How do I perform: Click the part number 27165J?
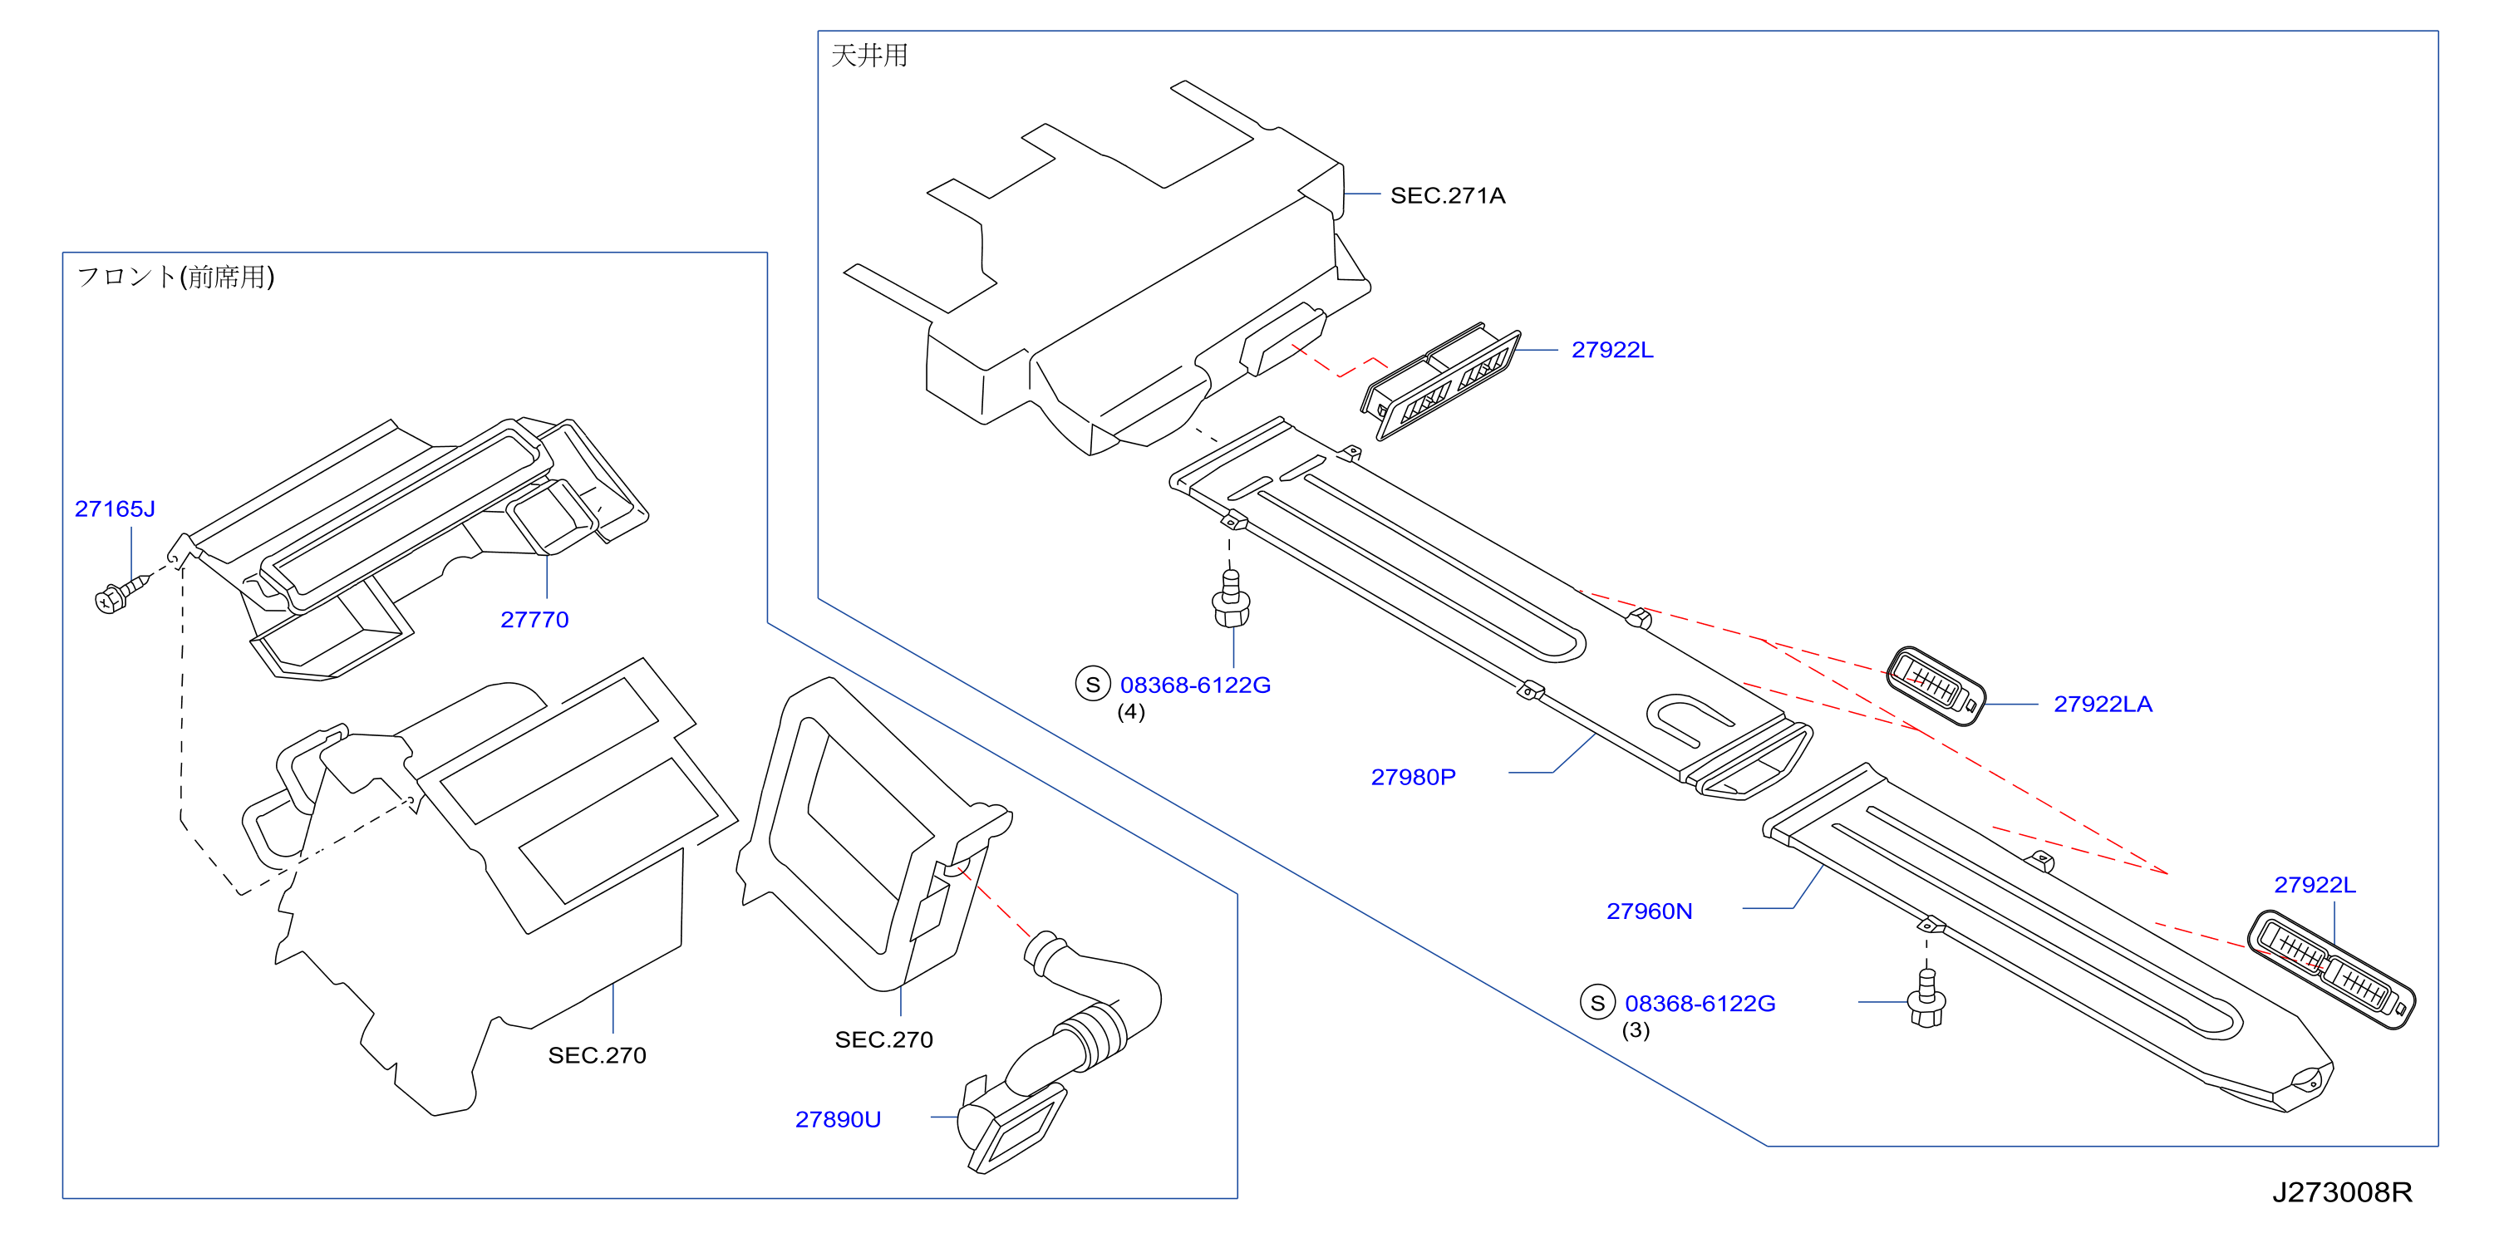pyautogui.click(x=115, y=508)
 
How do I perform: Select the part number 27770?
pyautogui.click(x=534, y=620)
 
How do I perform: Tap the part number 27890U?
pyautogui.click(x=838, y=1119)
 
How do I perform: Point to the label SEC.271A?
pyautogui.click(x=1448, y=196)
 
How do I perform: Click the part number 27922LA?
pyautogui.click(x=2103, y=704)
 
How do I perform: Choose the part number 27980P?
pyautogui.click(x=1414, y=777)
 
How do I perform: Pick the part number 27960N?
pyautogui.click(x=1649, y=911)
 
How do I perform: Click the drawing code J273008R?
pyautogui.click(x=2343, y=1192)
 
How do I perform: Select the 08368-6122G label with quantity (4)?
pyautogui.click(x=1195, y=685)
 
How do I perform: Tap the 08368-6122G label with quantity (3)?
pyautogui.click(x=1700, y=1003)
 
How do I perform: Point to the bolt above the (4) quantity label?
pyautogui.click(x=1231, y=599)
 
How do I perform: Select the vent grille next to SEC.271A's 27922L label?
pyautogui.click(x=1440, y=382)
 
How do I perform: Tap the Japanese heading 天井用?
pyautogui.click(x=868, y=56)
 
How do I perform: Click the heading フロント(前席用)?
pyautogui.click(x=175, y=277)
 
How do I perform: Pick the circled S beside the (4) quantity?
pyautogui.click(x=1093, y=685)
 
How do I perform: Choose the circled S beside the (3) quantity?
pyautogui.click(x=1597, y=1002)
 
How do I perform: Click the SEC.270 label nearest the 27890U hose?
pyautogui.click(x=883, y=1040)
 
